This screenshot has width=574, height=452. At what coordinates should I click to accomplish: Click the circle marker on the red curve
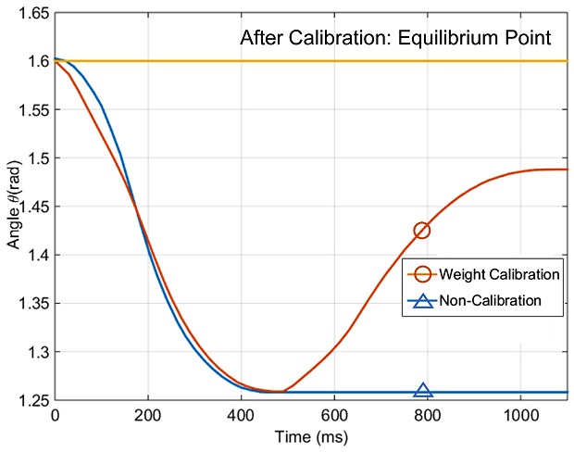pyautogui.click(x=422, y=230)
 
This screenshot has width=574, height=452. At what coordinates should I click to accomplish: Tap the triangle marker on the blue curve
pyautogui.click(x=423, y=392)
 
